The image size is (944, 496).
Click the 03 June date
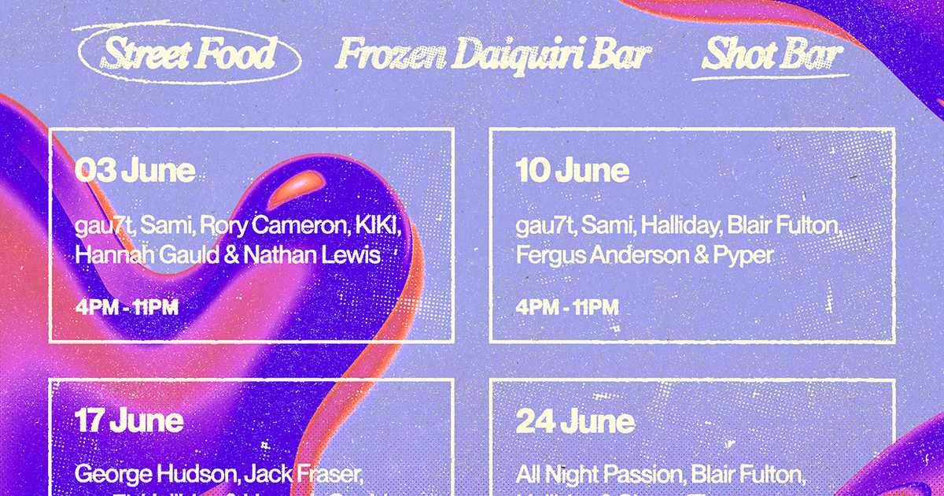(135, 170)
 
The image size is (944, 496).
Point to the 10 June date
(573, 170)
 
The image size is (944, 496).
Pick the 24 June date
(575, 421)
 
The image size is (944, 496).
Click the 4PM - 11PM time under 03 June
(127, 307)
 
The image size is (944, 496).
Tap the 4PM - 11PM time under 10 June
(567, 307)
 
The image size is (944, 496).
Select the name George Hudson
(155, 475)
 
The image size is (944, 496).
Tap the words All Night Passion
(600, 475)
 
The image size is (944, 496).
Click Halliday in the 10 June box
(680, 227)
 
